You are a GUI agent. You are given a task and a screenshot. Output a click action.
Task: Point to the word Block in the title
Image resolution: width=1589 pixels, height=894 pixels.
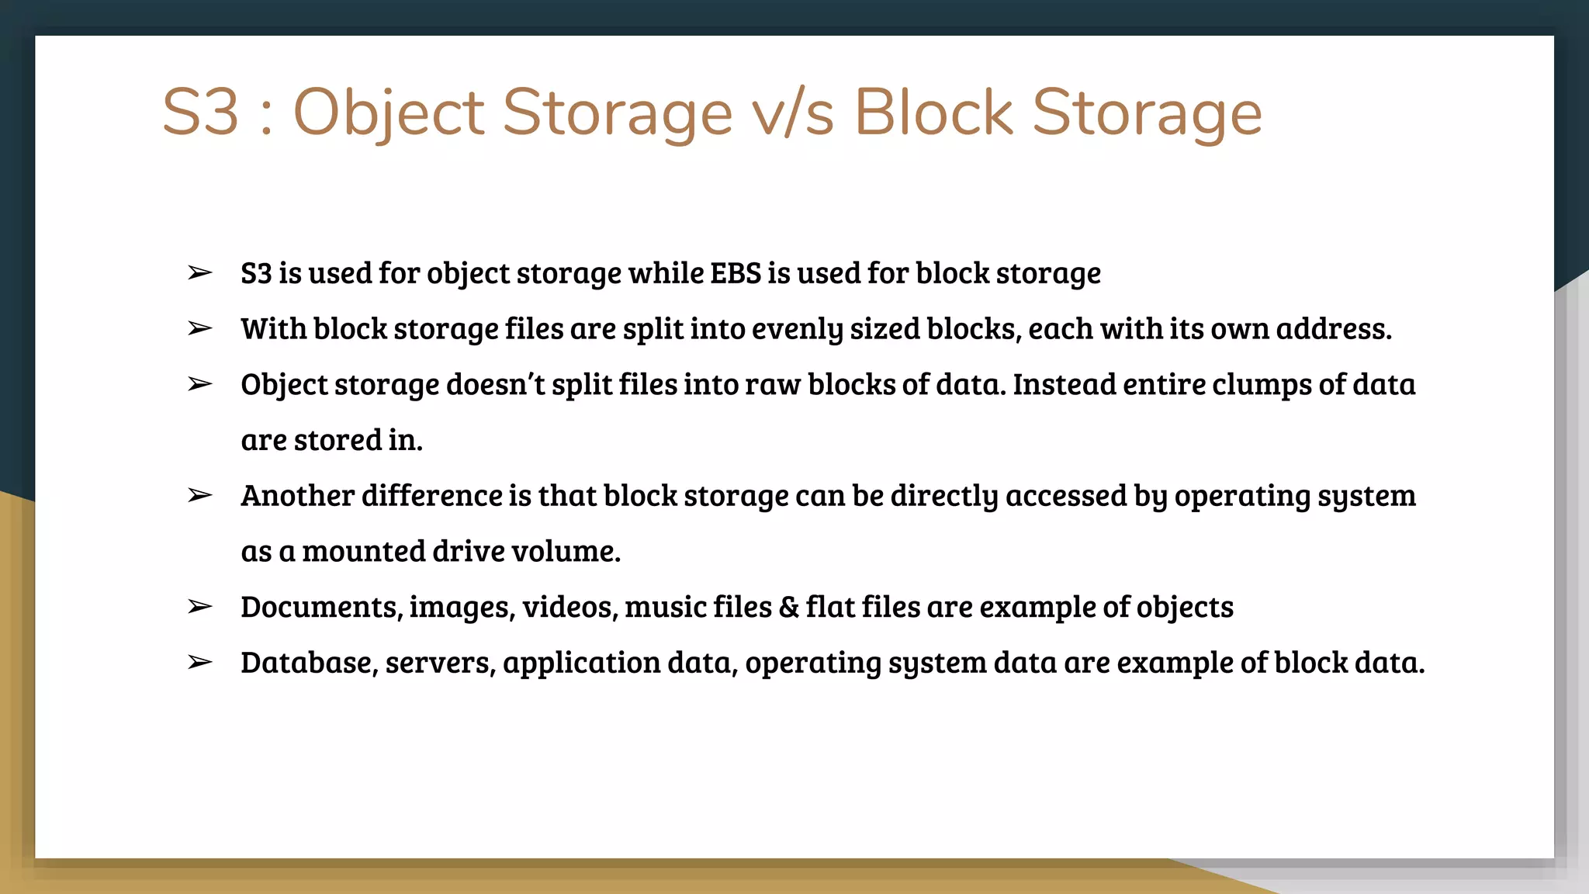tap(933, 113)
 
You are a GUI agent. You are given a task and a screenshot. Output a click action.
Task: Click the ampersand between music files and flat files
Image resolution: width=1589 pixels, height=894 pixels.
tap(788, 607)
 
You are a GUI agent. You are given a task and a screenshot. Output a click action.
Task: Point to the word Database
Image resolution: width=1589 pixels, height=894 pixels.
tap(309, 663)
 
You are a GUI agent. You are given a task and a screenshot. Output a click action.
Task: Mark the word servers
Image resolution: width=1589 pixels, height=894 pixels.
tap(440, 664)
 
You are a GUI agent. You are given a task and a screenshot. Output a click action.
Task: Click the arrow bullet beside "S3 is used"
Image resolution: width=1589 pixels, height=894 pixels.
tap(199, 273)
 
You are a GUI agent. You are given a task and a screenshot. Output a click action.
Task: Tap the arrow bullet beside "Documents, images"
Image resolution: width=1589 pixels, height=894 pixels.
tap(199, 607)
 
